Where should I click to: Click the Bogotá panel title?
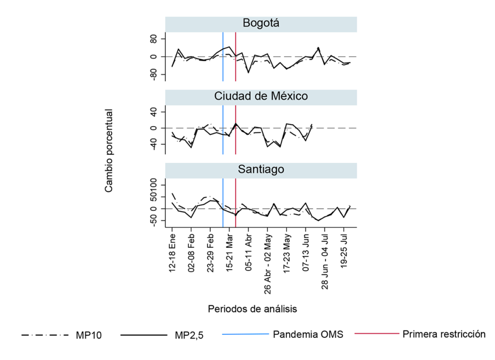tap(261, 24)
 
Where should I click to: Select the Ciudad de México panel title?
tap(261, 97)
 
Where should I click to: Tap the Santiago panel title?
tap(261, 170)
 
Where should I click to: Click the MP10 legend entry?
tap(89, 334)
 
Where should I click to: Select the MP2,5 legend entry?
tap(189, 334)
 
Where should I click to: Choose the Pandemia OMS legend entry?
tap(308, 334)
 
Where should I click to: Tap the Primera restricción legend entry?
tap(444, 334)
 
